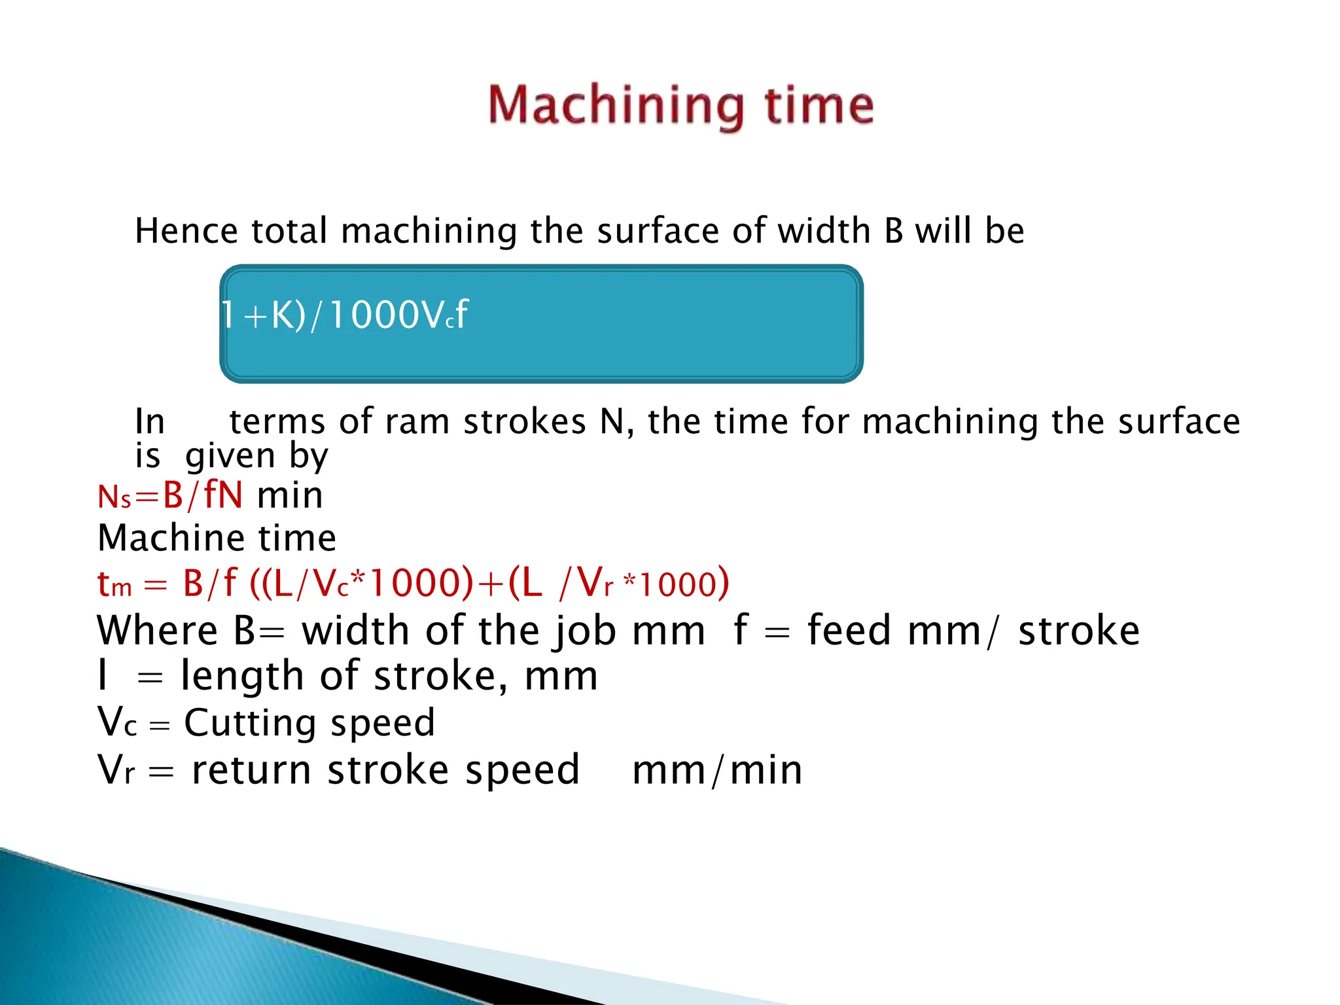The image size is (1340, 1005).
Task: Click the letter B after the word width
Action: point(893,231)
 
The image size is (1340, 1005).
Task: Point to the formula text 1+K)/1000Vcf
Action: point(345,315)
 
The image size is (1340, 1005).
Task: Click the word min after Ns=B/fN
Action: point(290,496)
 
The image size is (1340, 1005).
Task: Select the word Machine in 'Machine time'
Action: point(170,538)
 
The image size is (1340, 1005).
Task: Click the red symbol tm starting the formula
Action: point(115,583)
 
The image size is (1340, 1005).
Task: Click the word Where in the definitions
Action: point(157,631)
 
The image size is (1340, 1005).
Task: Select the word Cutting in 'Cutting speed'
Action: point(249,723)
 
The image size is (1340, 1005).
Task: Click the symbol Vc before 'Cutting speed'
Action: point(117,723)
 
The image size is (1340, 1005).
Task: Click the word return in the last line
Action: point(251,770)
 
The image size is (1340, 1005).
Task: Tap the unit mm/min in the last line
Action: point(717,770)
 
